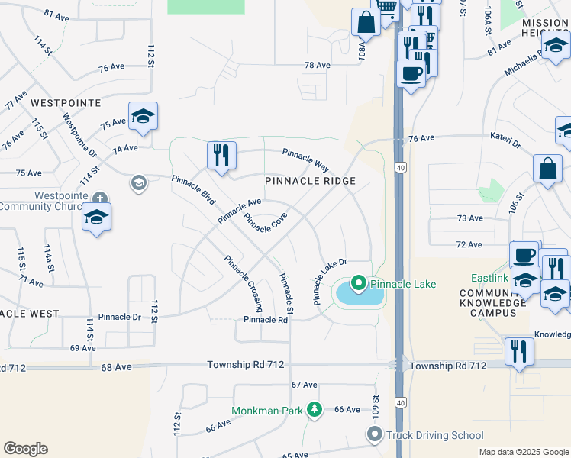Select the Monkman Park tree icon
pos(314,411)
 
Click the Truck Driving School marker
pos(374,435)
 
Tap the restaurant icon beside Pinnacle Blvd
pos(221,154)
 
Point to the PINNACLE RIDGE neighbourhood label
pos(311,181)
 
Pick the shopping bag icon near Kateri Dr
pos(547,169)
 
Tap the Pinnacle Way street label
pos(305,159)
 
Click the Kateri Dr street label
pos(505,143)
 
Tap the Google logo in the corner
pos(25,449)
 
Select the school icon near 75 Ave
pos(143,116)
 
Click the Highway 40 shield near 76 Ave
pos(400,166)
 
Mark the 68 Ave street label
pos(116,367)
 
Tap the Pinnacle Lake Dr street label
pos(331,280)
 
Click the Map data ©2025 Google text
pos(523,452)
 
